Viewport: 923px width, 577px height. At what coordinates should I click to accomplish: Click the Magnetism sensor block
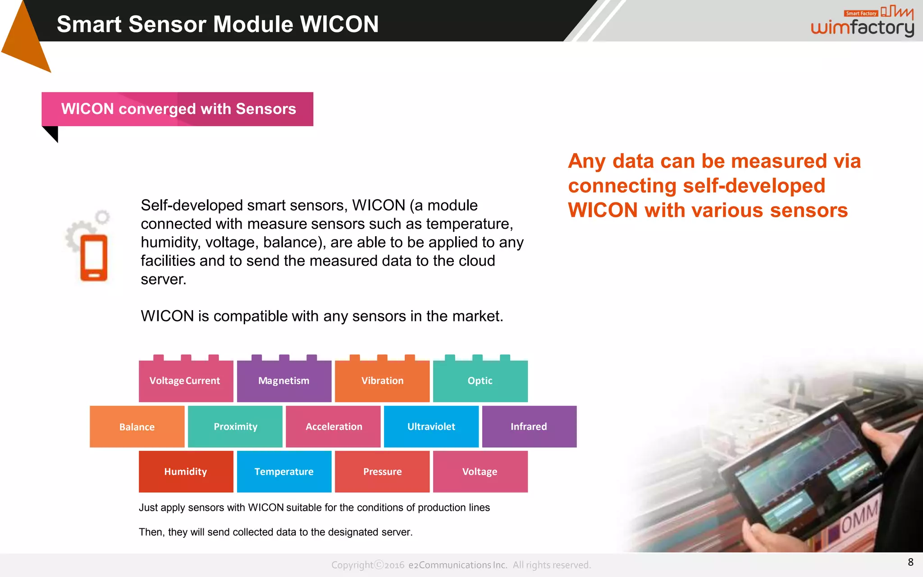[x=284, y=381]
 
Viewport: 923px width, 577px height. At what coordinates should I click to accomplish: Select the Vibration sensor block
[x=382, y=381]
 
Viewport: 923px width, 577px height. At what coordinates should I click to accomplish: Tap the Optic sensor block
[x=480, y=381]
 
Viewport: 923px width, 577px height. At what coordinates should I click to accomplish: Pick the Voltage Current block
[x=185, y=381]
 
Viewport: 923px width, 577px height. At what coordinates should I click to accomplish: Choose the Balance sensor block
[x=137, y=426]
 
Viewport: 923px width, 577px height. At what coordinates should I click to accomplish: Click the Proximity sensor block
[x=235, y=426]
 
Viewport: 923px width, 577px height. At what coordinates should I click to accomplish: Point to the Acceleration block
[x=334, y=426]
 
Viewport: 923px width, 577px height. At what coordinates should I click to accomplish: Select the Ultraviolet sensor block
[x=431, y=426]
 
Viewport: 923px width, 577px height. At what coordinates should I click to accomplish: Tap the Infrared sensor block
[x=529, y=426]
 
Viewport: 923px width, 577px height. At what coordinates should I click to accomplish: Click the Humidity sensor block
[x=186, y=472]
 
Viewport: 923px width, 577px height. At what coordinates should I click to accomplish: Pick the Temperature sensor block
[x=284, y=472]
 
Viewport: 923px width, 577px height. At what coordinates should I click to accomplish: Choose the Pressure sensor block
[x=382, y=472]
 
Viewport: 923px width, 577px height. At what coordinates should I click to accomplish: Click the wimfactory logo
[x=863, y=23]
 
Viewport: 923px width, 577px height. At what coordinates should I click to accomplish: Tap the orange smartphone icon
[x=94, y=258]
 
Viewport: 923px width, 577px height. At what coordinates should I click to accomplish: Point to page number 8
[x=910, y=562]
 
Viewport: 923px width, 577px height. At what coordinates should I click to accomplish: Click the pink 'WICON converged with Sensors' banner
[x=178, y=109]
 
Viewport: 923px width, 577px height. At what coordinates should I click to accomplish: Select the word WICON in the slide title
[x=339, y=24]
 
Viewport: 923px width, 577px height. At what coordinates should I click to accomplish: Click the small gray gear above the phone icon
[x=103, y=217]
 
